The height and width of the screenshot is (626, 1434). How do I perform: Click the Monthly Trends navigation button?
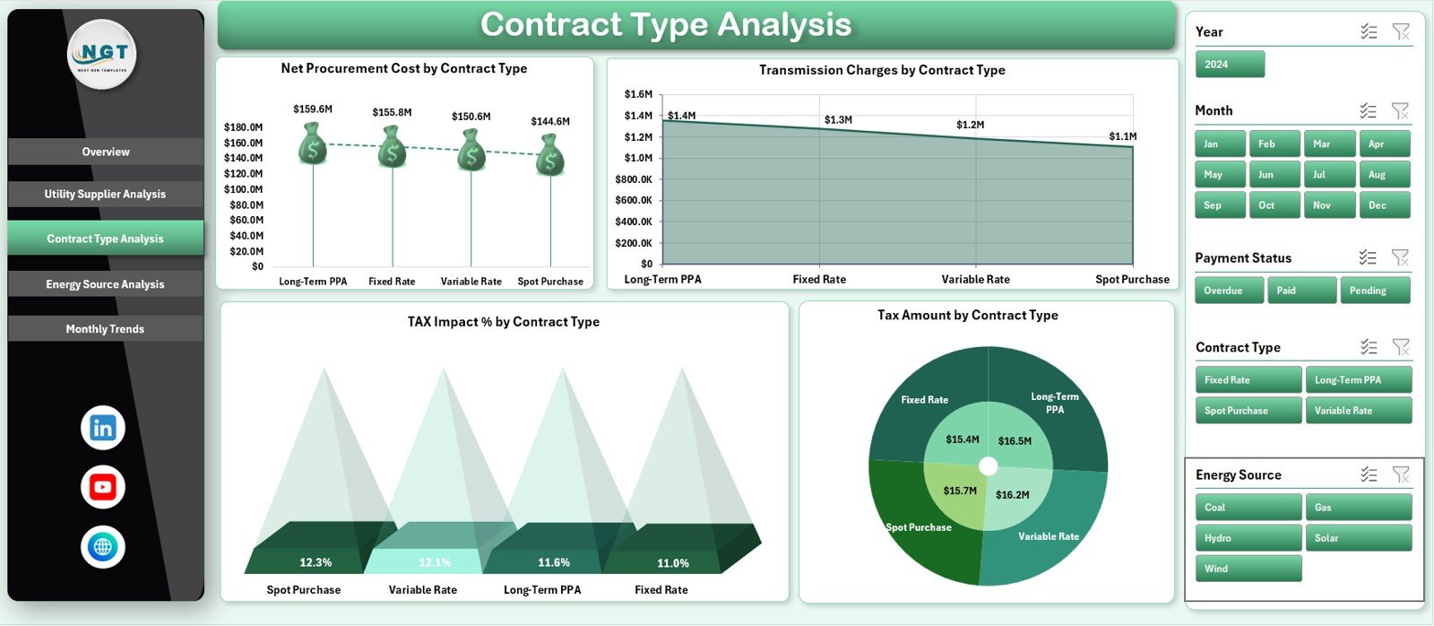click(x=105, y=329)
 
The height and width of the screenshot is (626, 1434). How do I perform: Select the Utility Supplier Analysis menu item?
click(x=105, y=194)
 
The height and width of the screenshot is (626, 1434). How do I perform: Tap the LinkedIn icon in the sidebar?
click(x=102, y=428)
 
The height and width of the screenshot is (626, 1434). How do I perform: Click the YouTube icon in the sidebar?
click(x=102, y=487)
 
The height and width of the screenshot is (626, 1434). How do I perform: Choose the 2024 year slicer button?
click(x=1229, y=65)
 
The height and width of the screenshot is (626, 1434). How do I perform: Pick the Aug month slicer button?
click(x=1383, y=175)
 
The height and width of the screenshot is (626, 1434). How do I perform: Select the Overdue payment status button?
click(x=1228, y=291)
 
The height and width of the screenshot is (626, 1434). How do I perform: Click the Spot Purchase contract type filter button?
click(x=1247, y=411)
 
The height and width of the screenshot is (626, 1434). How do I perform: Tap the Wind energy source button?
click(x=1247, y=569)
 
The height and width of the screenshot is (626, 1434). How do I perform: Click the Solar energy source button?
click(x=1357, y=538)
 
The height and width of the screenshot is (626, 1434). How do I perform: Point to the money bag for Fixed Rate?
click(x=392, y=148)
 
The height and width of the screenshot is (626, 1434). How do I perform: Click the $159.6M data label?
click(x=313, y=109)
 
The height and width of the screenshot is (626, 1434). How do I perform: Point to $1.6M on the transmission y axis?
click(x=638, y=94)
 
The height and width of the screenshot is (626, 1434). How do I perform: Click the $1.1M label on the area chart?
click(x=1122, y=136)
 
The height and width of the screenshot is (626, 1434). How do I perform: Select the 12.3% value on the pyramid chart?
click(x=315, y=562)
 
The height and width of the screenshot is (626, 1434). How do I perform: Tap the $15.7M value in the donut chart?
click(x=960, y=491)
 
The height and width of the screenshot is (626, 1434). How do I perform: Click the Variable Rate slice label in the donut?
click(x=1049, y=536)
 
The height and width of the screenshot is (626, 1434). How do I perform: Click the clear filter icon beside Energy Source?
click(x=1400, y=474)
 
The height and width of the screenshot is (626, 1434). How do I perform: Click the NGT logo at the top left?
click(x=102, y=54)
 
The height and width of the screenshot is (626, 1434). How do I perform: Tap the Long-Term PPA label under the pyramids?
click(x=542, y=590)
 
